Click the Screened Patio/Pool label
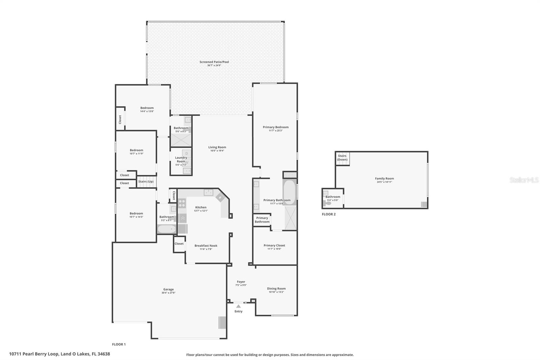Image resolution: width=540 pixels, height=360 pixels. click(214, 62)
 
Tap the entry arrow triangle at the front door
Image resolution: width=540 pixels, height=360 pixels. click(238, 306)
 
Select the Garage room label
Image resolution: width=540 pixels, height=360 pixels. click(168, 289)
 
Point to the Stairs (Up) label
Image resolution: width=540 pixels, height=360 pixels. click(146, 182)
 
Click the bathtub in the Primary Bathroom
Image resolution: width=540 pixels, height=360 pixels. click(289, 193)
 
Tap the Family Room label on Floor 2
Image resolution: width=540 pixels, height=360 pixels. click(384, 179)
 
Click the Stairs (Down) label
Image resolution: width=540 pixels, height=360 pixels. click(342, 158)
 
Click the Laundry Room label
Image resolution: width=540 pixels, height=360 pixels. click(181, 159)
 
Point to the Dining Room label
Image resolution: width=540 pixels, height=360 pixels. click(276, 289)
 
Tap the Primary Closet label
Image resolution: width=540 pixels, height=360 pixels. click(274, 246)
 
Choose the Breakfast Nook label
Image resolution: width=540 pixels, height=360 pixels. click(206, 246)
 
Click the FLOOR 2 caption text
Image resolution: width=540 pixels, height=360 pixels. click(329, 214)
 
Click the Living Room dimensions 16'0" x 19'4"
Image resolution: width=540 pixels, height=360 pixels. click(217, 151)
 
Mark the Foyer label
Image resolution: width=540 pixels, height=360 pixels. click(241, 282)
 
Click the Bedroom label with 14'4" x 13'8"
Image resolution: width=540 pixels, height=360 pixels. click(147, 108)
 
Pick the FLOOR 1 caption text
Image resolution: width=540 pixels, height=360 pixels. click(119, 344)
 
